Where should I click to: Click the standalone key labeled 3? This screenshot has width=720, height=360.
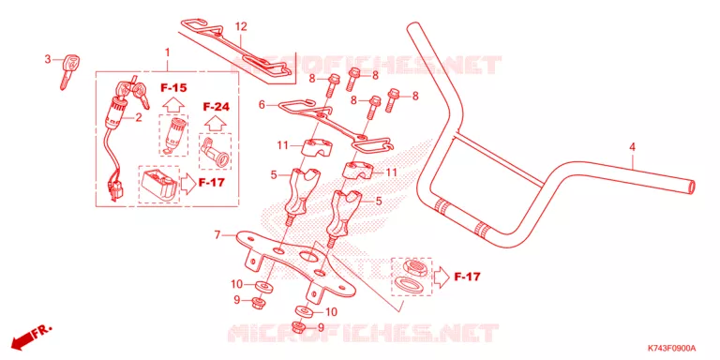click(x=68, y=70)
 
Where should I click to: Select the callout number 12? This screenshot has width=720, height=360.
click(x=241, y=26)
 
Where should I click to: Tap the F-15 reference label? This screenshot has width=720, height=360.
click(x=173, y=87)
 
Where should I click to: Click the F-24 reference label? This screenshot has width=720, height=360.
click(x=216, y=107)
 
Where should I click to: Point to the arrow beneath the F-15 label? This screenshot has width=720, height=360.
click(x=172, y=105)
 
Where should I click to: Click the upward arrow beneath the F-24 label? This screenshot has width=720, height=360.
click(x=216, y=124)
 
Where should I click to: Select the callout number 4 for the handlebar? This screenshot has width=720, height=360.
click(x=632, y=147)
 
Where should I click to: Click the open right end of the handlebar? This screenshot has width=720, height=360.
click(x=691, y=187)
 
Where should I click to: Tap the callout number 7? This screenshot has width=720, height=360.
click(x=217, y=235)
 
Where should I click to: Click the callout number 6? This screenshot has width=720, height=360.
click(x=262, y=105)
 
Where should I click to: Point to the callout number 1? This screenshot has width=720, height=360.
click(x=167, y=52)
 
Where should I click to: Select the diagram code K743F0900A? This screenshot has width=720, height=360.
click(x=672, y=348)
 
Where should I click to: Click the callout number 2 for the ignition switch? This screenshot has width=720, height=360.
click(x=138, y=117)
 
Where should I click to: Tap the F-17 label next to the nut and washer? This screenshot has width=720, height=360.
click(x=468, y=277)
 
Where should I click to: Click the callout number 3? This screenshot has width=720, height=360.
click(x=47, y=59)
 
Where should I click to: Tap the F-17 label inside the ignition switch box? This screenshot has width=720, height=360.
click(x=211, y=182)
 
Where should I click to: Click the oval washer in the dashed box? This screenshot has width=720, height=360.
click(x=407, y=282)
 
